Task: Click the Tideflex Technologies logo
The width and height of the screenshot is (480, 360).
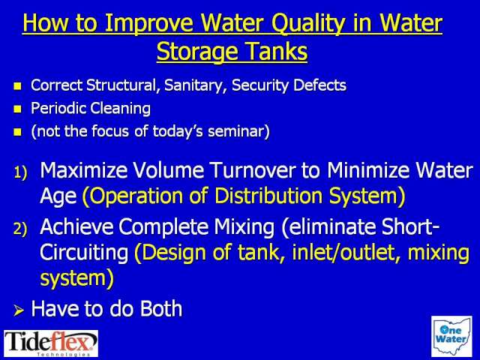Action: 51,343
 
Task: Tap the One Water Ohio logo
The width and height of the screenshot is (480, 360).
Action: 451,337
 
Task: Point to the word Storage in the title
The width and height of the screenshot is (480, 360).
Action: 198,52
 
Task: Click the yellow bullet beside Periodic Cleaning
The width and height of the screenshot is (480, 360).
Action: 18,109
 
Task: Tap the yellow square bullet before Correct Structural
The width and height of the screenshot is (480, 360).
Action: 18,86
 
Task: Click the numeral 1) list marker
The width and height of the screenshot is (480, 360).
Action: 21,172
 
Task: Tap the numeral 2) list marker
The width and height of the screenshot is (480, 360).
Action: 20,229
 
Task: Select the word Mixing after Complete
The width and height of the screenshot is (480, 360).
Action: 244,226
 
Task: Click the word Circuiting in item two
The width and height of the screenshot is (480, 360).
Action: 84,253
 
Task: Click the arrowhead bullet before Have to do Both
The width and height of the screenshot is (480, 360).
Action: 19,310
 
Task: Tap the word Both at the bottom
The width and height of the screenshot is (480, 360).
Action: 161,308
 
